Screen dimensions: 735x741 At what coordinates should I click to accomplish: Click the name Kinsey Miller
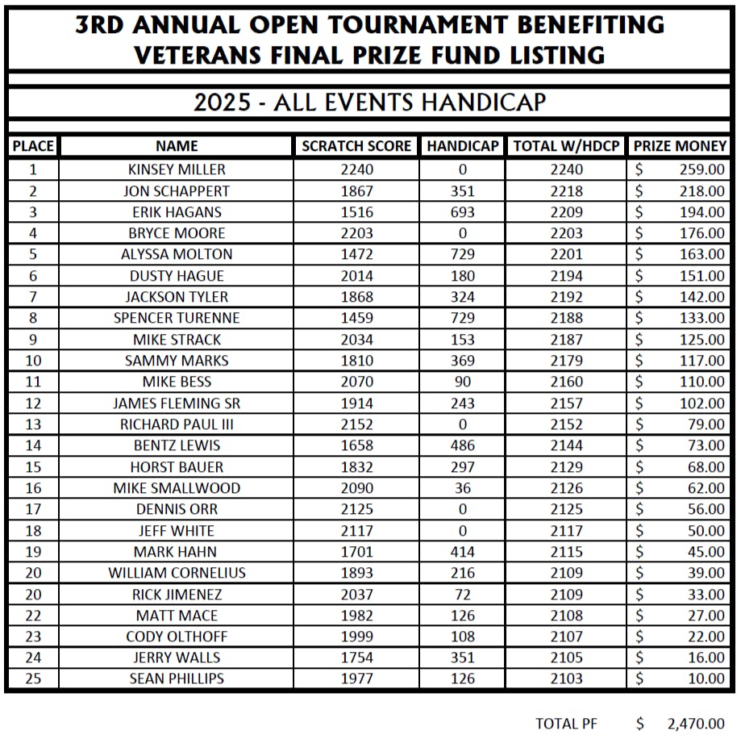pos(177,169)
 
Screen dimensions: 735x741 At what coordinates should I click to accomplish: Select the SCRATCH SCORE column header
pos(356,146)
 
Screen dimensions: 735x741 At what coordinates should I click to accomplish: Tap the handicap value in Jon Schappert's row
pos(463,191)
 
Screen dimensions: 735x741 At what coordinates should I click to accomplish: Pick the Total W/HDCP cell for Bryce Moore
pos(566,233)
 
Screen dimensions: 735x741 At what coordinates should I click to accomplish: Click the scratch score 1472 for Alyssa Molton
pos(357,254)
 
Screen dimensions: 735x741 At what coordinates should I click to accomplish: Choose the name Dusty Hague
pos(177,276)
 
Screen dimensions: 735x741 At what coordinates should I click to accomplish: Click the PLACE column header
pos(33,146)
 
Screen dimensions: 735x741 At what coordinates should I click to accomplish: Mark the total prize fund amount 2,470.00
pos(696,724)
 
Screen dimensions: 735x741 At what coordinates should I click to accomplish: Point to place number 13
pos(33,424)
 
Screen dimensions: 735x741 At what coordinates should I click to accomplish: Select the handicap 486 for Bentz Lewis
pos(463,445)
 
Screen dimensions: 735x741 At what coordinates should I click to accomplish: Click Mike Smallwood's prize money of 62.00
pos(705,488)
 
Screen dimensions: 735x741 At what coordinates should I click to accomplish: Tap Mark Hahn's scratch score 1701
pos(357,552)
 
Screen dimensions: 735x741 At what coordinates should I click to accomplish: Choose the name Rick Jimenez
pos(177,595)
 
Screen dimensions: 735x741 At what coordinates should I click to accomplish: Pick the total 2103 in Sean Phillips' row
pos(566,679)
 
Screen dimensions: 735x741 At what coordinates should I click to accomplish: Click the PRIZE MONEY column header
pos(680,146)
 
